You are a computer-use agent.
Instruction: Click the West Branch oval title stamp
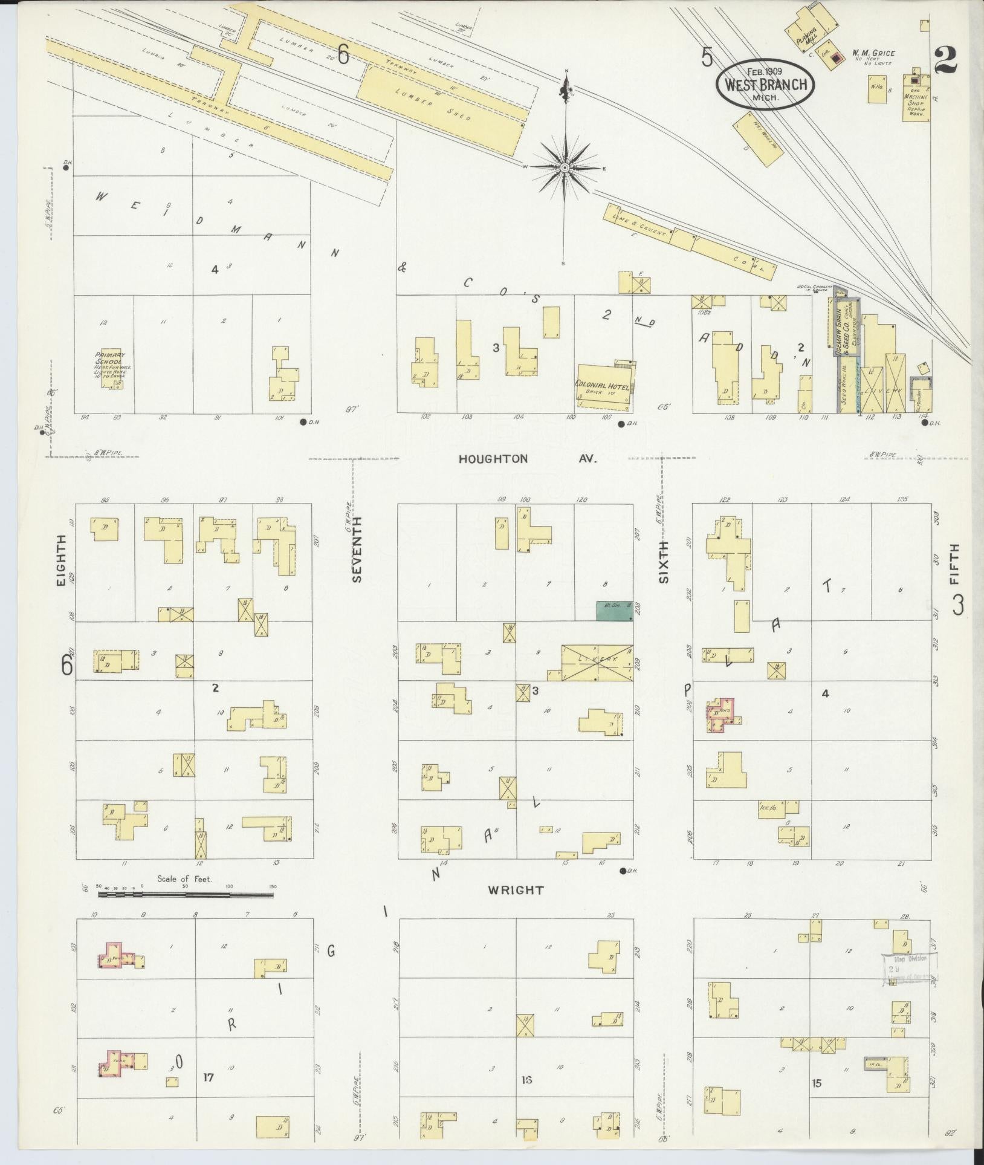tap(765, 85)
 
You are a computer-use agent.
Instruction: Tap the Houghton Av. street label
tap(527, 459)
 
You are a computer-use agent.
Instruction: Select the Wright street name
tap(516, 891)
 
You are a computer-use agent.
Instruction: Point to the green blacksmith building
tap(614, 611)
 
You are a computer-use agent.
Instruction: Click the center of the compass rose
tap(564, 167)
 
